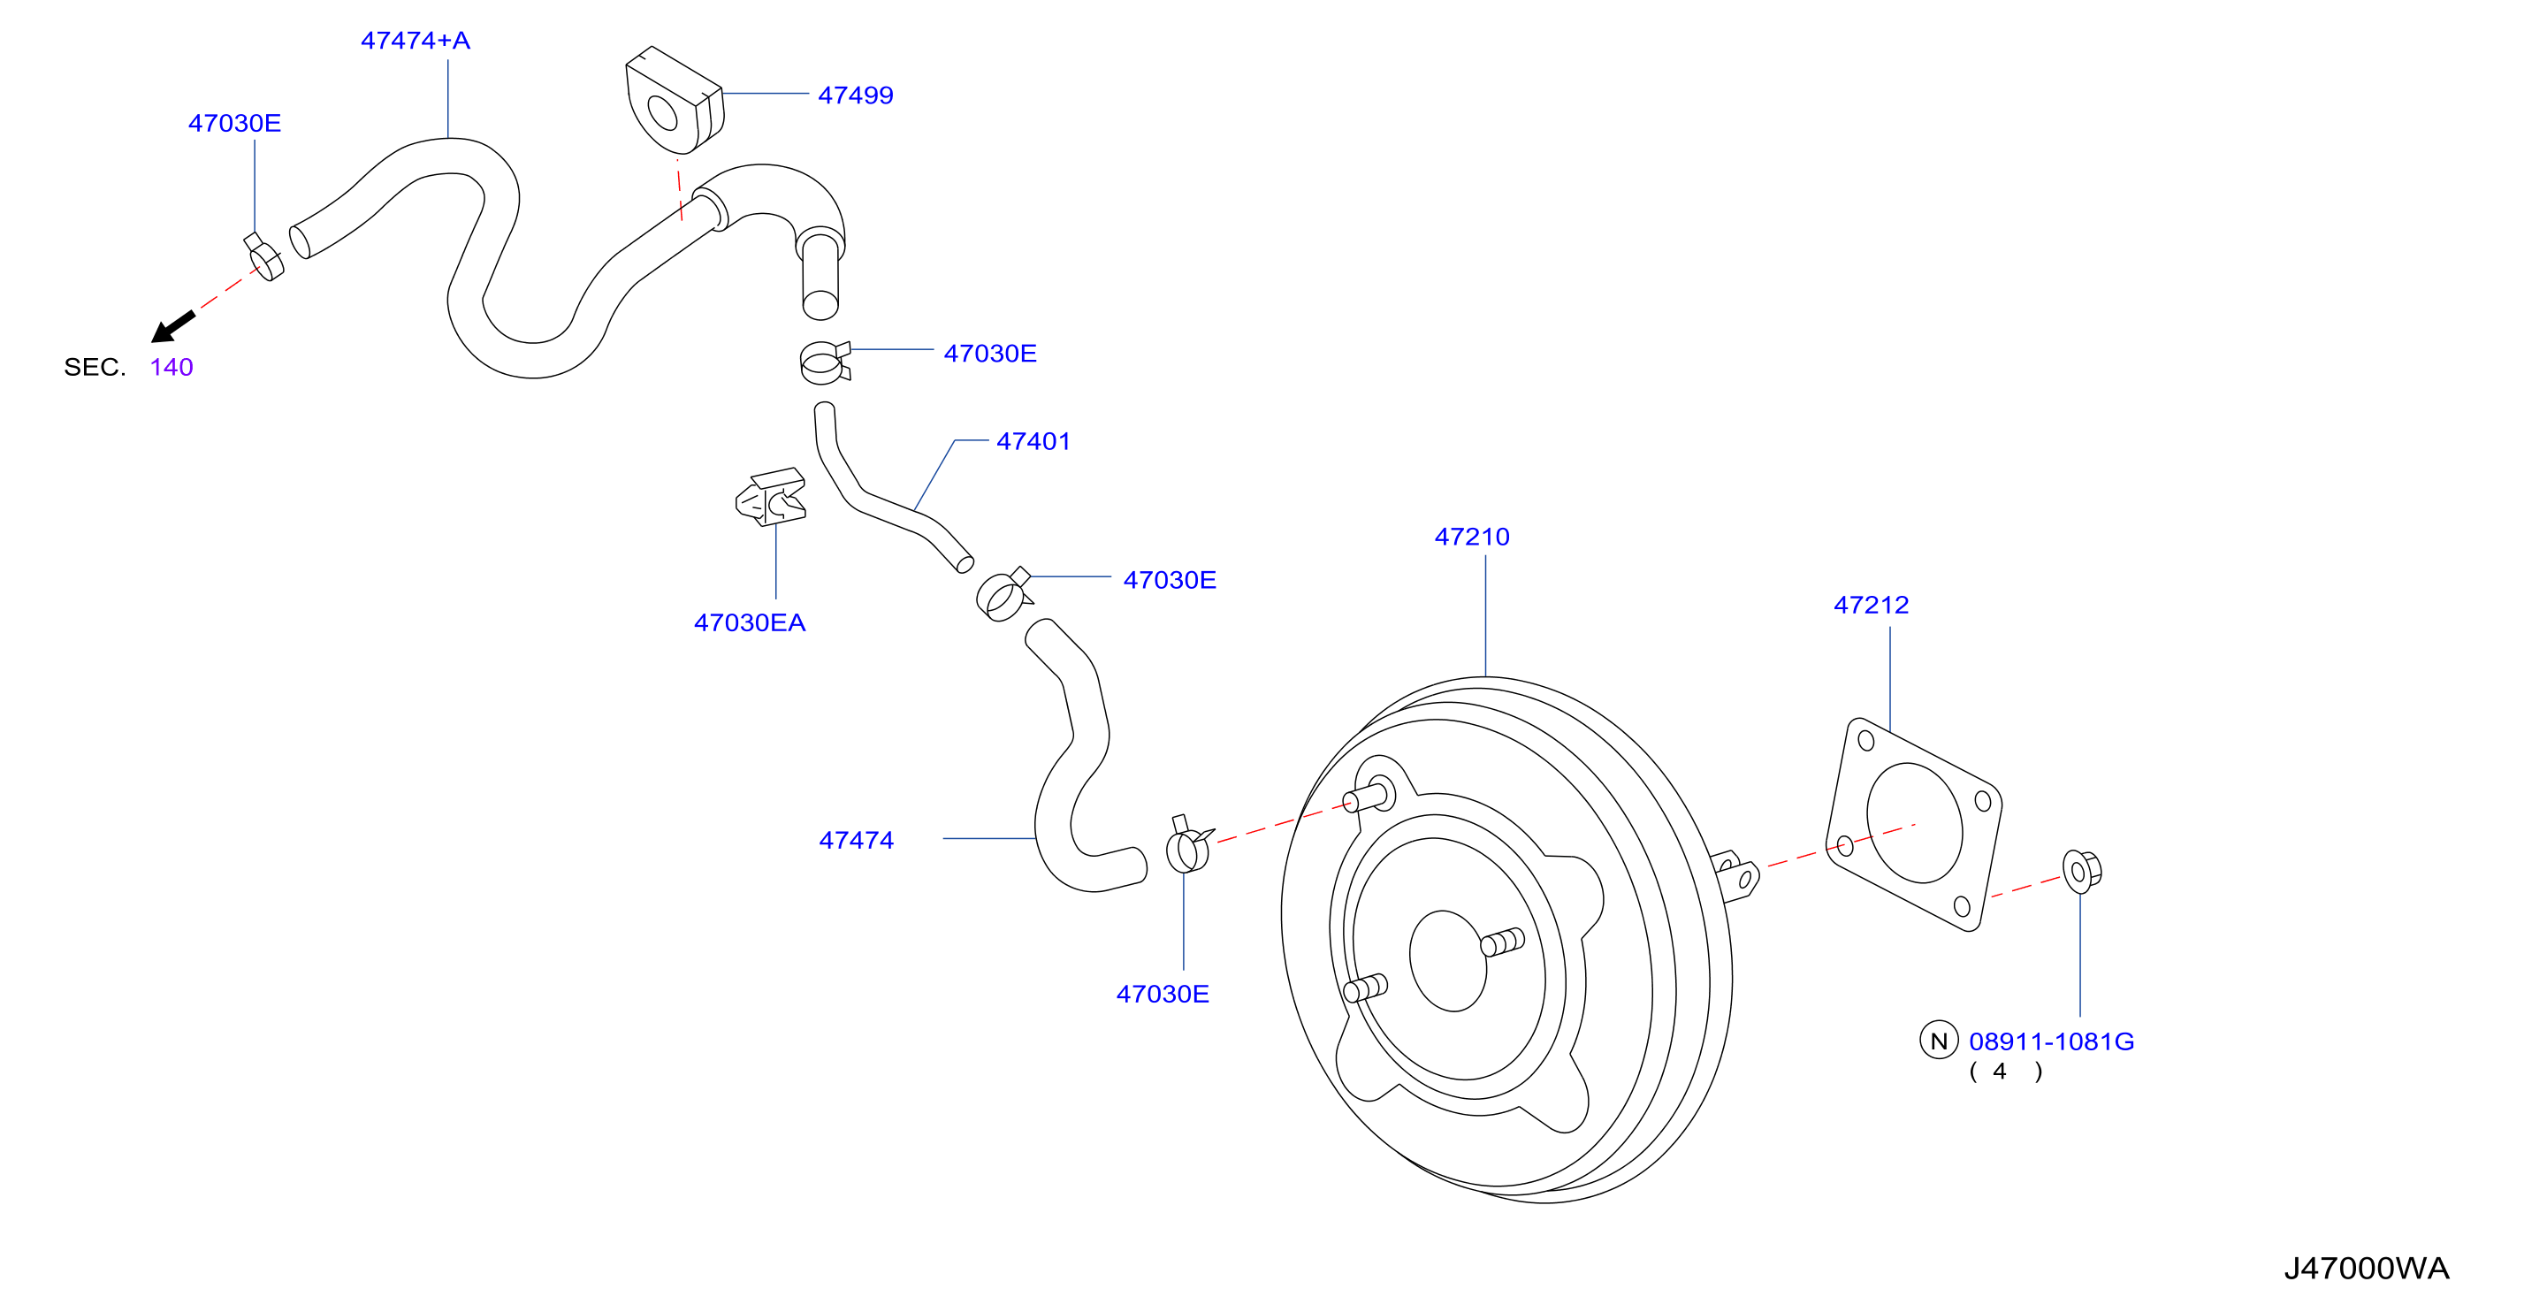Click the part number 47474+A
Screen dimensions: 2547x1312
416,41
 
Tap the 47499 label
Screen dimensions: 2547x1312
855,95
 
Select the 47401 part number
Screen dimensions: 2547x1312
1033,441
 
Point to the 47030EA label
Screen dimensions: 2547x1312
750,623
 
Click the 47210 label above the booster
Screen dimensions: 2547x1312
1472,537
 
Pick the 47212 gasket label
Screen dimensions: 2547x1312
1871,605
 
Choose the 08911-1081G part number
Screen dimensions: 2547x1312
2052,1041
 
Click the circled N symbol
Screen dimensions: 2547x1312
1938,1040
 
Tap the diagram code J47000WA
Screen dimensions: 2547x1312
2366,1269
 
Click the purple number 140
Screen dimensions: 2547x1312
171,367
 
